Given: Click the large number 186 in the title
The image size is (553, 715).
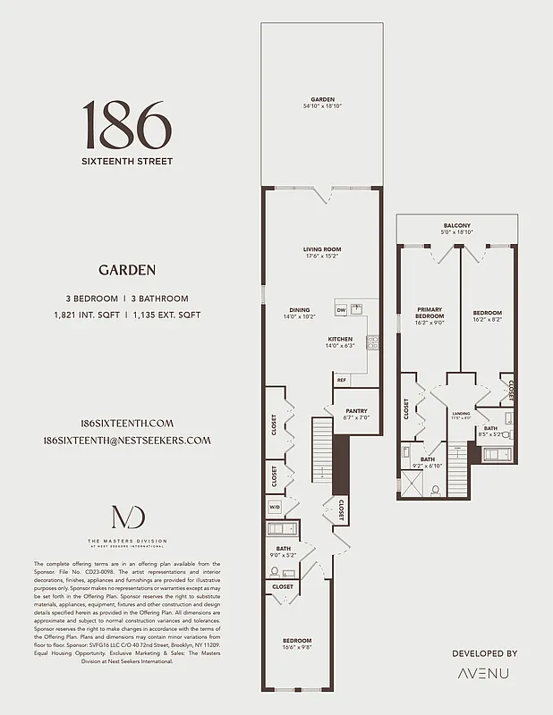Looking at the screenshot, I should [127, 125].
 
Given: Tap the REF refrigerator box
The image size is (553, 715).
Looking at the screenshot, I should [342, 380].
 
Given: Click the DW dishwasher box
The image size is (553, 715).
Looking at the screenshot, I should [341, 310].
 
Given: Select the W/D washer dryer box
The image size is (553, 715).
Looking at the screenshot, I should [274, 508].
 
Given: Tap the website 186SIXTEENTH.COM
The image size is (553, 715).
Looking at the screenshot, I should [127, 424].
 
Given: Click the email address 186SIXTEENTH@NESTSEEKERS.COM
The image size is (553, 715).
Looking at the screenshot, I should [127, 441].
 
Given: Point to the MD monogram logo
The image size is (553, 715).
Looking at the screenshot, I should [126, 519].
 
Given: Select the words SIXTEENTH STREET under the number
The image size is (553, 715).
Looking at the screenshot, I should [127, 162].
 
